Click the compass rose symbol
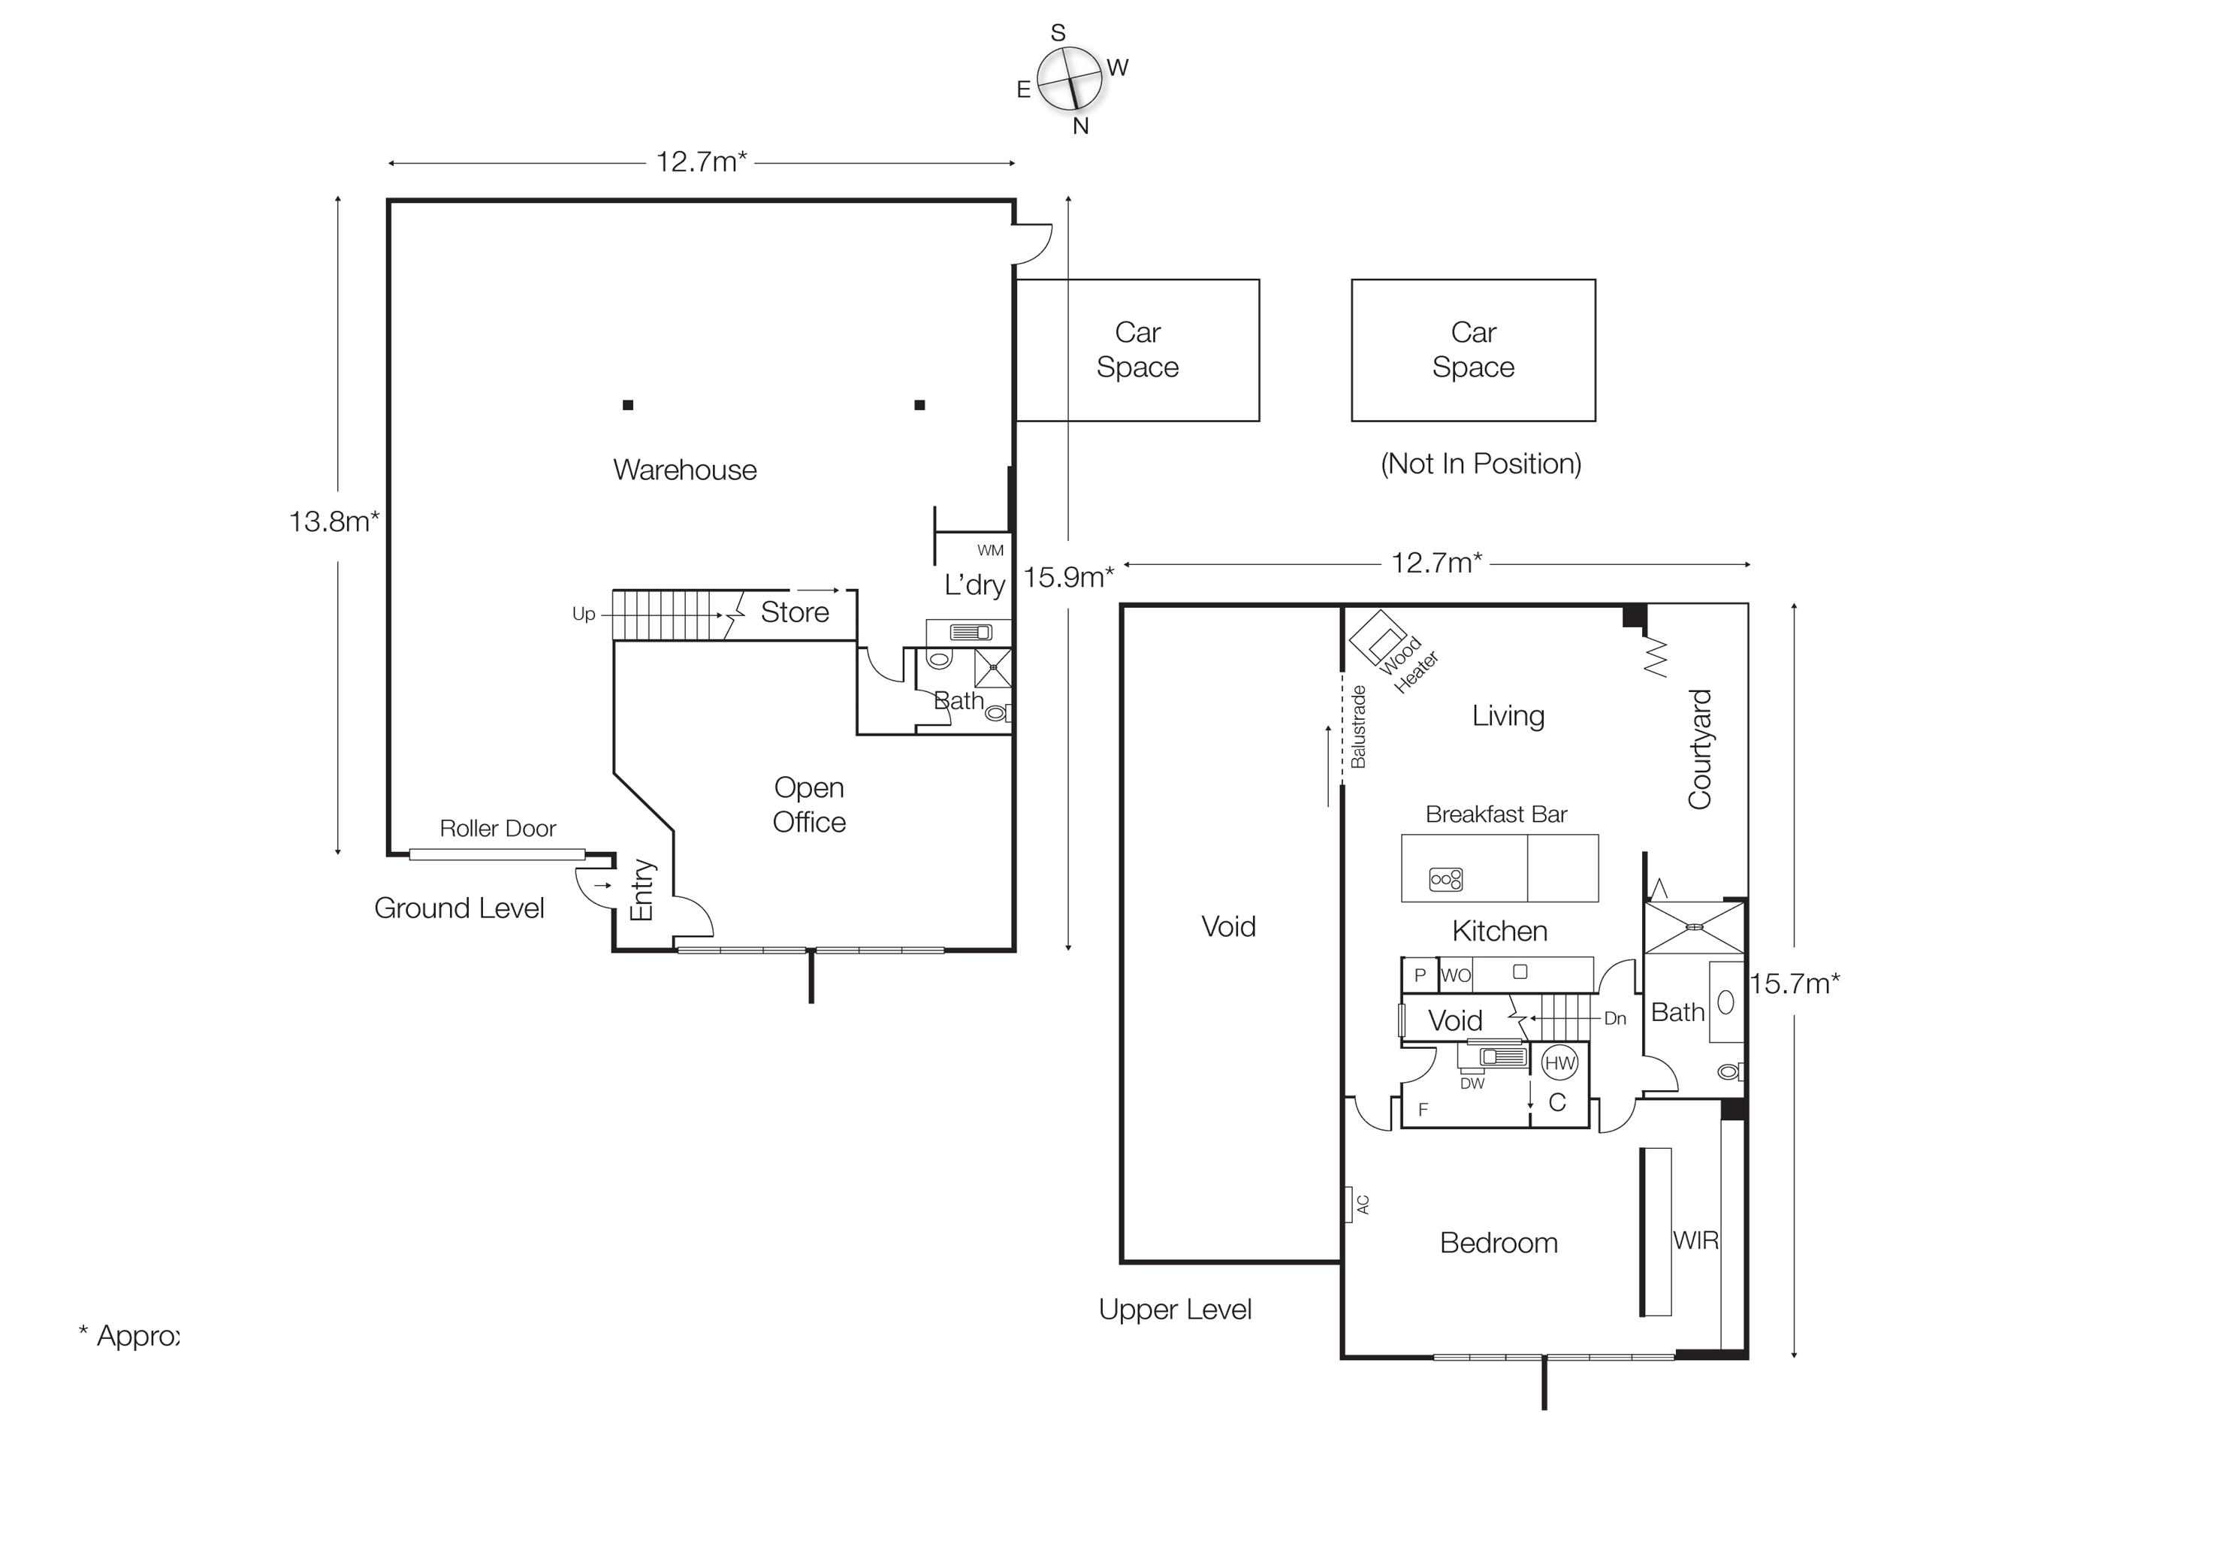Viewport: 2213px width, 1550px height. click(x=1069, y=79)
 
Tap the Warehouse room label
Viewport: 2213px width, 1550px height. click(x=684, y=470)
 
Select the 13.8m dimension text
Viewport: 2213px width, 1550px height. click(x=334, y=521)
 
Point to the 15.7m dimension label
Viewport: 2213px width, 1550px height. click(x=1794, y=983)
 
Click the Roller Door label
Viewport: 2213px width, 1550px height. click(x=497, y=828)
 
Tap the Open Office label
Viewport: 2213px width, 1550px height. click(x=809, y=805)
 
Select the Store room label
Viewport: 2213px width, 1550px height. click(x=794, y=612)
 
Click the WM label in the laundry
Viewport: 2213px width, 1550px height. click(x=990, y=551)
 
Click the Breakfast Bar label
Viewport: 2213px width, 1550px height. click(x=1496, y=814)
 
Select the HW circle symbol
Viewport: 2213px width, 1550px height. click(x=1559, y=1063)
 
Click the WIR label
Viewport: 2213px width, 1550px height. click(x=1695, y=1240)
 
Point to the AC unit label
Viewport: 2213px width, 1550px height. click(x=1362, y=1204)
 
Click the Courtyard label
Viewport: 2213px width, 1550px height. click(x=1699, y=749)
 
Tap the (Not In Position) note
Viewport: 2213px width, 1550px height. click(x=1481, y=464)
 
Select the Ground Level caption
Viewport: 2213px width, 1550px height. click(x=459, y=908)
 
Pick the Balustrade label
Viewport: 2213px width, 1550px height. click(x=1358, y=726)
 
